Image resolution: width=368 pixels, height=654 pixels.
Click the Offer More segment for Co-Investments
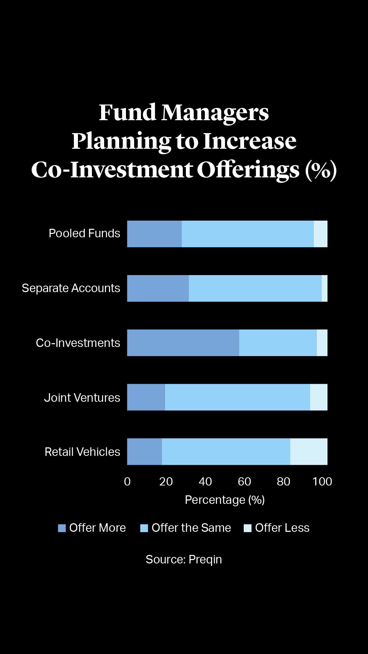pos(183,343)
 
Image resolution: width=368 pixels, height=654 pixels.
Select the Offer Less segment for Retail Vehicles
pos(309,452)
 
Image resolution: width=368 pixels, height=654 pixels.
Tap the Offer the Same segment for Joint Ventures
pos(238,397)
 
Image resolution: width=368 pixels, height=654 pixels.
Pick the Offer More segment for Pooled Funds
pos(154,234)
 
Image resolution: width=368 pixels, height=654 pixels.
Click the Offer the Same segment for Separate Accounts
pos(255,288)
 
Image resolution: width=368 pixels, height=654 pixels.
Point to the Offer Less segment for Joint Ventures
pos(319,397)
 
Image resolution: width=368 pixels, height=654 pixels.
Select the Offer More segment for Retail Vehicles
pos(144,452)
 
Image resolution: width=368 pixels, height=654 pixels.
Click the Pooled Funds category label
pos(84,234)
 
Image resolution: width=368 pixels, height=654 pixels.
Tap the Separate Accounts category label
pos(71,288)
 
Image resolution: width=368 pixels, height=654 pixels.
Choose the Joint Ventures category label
pos(82,398)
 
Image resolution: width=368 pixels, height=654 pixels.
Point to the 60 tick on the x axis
pos(244,481)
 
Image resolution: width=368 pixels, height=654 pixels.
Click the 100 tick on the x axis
pos(322,481)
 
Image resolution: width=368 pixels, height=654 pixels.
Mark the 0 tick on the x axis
pos(127,481)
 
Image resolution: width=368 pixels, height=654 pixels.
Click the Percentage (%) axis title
pos(225,500)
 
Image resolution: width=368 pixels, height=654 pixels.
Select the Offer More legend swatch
pos(62,528)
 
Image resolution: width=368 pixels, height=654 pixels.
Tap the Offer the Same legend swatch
pos(144,528)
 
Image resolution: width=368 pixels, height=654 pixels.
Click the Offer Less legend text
pos(282,528)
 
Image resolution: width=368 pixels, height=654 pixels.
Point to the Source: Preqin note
pos(184,559)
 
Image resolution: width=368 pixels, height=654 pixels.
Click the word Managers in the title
pos(215,112)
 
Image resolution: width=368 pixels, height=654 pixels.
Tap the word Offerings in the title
pos(248,170)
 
